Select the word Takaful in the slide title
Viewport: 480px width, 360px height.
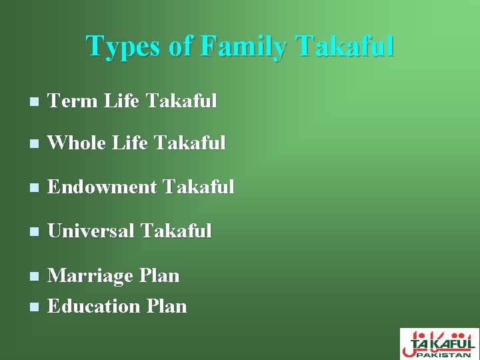tap(347, 47)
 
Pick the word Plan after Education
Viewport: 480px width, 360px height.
tap(166, 307)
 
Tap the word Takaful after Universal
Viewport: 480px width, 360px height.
tap(177, 231)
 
